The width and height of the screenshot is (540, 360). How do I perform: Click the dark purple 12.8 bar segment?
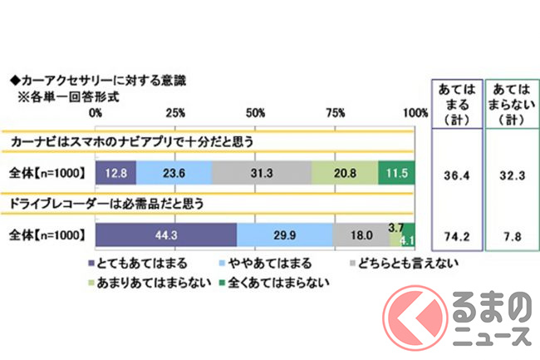115,172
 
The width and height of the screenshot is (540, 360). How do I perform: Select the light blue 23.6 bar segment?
174,172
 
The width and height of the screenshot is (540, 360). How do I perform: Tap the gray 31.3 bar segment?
262,172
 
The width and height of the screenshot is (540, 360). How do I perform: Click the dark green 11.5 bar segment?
396,172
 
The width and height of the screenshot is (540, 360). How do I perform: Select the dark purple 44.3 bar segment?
166,235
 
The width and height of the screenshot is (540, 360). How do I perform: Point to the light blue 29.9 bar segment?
285,235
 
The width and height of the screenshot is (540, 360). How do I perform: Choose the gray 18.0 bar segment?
361,235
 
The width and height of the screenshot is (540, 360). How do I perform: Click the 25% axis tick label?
175,112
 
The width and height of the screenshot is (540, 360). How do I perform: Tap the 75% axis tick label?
335,112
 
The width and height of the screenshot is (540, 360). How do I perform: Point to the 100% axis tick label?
413,112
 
